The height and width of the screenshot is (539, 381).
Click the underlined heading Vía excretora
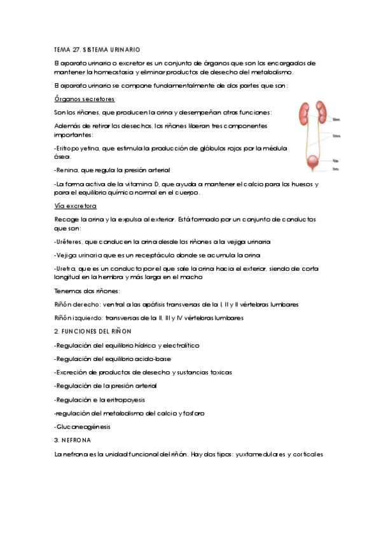coord(76,207)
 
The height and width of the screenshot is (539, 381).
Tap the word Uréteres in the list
coord(69,242)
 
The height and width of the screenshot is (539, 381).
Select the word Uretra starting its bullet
coord(67,269)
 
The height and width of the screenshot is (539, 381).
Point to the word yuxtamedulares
coord(260,454)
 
